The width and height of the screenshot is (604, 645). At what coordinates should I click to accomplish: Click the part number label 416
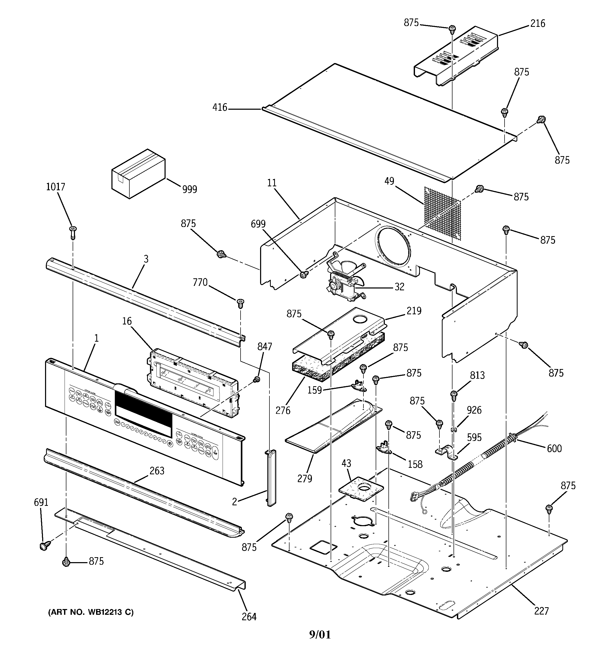point(220,107)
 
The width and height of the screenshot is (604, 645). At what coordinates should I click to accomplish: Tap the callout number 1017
point(55,187)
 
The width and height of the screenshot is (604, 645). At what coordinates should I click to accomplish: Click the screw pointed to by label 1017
point(73,232)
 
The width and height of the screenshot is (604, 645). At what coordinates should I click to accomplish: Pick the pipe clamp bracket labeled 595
point(446,452)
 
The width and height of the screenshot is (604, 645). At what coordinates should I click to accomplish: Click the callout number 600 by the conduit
point(554,449)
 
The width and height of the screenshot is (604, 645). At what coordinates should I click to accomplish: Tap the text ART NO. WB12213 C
point(91,612)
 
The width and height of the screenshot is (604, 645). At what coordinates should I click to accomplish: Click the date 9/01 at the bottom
point(320,634)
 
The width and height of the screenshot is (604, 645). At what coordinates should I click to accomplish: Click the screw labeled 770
point(240,303)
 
